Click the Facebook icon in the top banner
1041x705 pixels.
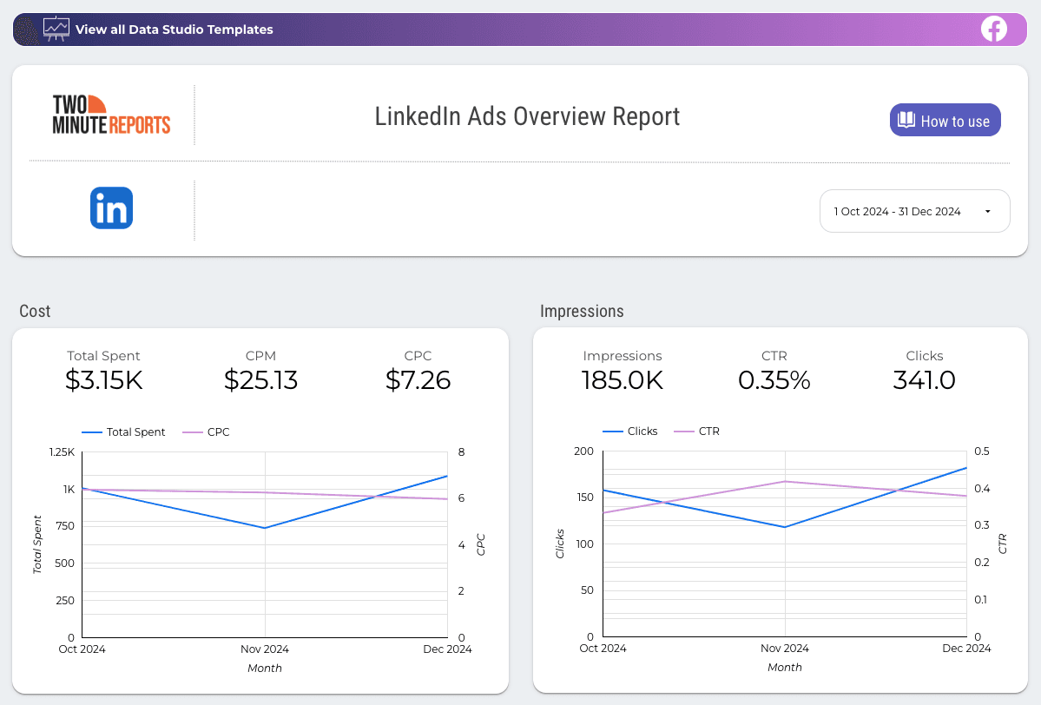coord(993,29)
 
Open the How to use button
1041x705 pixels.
coord(945,121)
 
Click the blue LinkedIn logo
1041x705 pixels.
coord(111,208)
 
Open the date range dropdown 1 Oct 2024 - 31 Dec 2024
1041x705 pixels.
coord(914,211)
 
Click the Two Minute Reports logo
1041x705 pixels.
coord(111,115)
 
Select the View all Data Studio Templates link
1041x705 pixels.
coord(174,30)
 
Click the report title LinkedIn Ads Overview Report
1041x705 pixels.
coord(527,116)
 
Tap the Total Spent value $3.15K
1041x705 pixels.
coord(103,379)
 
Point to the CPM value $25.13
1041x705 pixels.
coord(260,379)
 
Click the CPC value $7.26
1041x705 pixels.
coord(418,379)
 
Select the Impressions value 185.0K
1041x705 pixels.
coord(623,379)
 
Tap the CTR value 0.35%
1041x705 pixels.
coord(774,379)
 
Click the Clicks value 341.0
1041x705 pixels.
coord(924,379)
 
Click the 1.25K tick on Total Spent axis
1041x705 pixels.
coord(62,452)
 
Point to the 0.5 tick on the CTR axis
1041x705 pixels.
coord(981,451)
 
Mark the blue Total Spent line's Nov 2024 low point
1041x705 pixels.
coord(265,528)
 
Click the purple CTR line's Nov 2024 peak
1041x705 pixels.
coord(785,481)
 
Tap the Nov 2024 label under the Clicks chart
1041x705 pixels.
coord(785,649)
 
